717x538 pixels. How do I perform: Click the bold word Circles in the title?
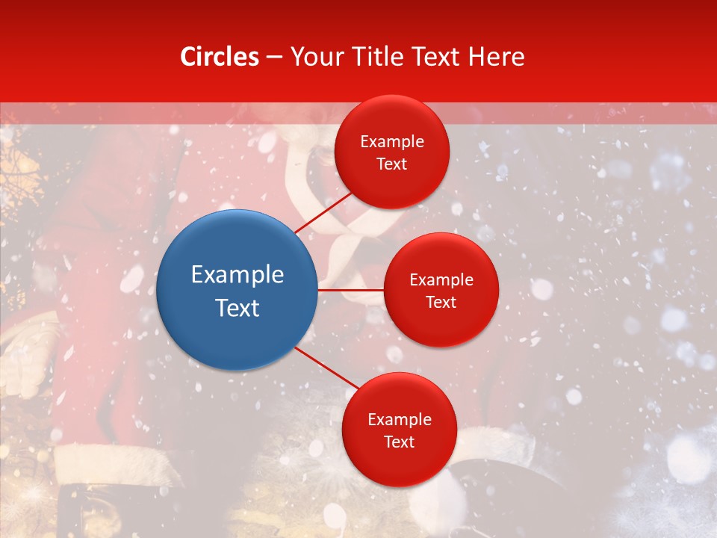click(220, 57)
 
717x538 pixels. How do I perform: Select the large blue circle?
click(238, 290)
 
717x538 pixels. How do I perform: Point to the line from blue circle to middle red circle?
click(351, 290)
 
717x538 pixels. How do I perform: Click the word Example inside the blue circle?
click(238, 275)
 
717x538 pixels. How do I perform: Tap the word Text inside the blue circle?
click(238, 308)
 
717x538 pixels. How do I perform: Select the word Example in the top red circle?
click(392, 141)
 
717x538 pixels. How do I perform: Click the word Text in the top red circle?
click(392, 164)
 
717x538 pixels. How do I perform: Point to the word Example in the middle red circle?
click(441, 280)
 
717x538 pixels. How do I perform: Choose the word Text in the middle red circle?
click(441, 302)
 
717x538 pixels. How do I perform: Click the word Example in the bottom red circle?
click(400, 419)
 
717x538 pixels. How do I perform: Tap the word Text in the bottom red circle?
click(400, 442)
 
